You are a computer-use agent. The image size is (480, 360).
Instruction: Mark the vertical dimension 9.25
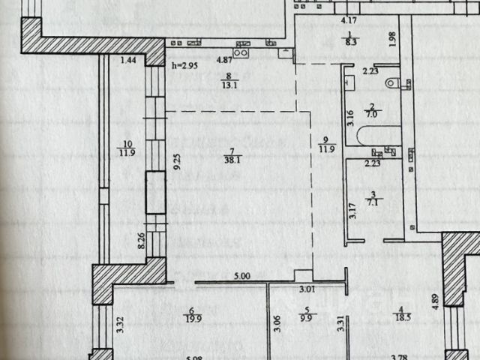[x=176, y=164]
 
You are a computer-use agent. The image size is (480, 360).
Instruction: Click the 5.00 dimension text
[x=241, y=277]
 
